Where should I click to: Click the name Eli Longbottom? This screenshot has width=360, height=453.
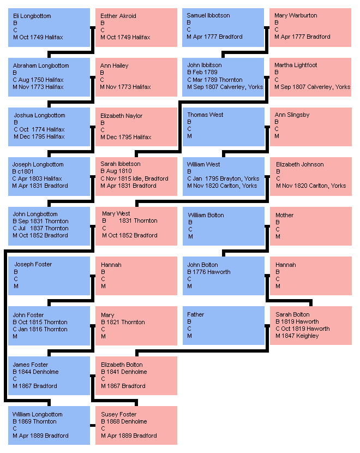click(32, 16)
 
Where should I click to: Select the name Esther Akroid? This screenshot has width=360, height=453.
click(118, 16)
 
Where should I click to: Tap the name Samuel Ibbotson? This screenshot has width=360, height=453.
click(208, 15)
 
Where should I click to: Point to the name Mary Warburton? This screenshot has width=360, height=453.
click(296, 15)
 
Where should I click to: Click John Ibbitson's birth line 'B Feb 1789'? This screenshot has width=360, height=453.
click(202, 73)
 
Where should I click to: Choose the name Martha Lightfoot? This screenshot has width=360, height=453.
click(296, 65)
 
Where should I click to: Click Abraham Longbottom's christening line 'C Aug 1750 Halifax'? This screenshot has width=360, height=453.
click(38, 80)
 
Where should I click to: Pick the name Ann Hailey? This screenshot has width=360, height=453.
click(115, 65)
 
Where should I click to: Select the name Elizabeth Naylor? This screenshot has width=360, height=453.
click(122, 116)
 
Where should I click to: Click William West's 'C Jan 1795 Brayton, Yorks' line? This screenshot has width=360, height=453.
click(223, 178)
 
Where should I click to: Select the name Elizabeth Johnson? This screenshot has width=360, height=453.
click(300, 164)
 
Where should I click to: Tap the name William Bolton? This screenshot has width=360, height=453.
click(206, 215)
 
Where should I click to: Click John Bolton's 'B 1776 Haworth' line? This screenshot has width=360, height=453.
click(209, 272)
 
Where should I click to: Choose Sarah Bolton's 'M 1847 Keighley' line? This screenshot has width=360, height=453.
click(297, 336)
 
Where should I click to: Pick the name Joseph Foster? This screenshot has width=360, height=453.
click(33, 264)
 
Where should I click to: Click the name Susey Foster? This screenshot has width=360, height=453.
click(119, 414)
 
